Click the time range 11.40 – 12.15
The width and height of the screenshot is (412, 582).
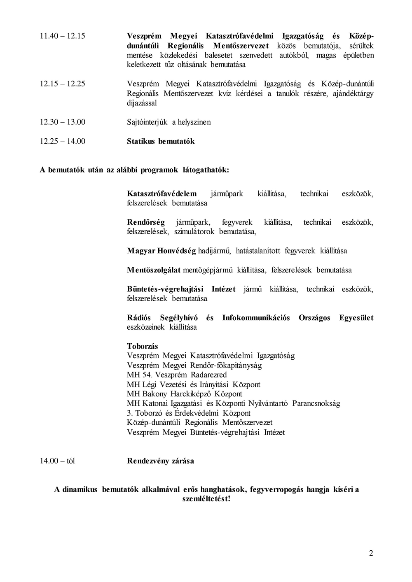click(62, 36)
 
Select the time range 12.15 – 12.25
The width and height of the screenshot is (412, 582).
click(62, 84)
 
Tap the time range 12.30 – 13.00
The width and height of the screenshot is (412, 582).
click(62, 122)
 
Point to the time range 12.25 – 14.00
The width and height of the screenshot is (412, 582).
click(62, 142)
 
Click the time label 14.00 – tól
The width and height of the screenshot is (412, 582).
click(57, 461)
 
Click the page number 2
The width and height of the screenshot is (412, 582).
click(371, 553)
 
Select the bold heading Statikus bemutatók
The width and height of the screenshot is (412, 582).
click(161, 142)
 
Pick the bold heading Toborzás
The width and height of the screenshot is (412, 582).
click(143, 347)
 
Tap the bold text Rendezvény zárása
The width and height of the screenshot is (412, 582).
click(160, 461)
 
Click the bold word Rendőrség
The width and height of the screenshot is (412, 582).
click(146, 223)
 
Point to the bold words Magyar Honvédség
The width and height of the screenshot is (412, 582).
click(162, 251)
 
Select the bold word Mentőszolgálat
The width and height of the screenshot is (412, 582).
click(154, 270)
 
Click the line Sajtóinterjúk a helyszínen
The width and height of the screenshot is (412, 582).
click(169, 122)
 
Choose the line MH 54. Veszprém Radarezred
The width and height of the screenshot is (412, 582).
click(177, 375)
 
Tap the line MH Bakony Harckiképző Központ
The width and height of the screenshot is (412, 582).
click(185, 394)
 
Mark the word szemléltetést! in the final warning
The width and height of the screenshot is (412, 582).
click(206, 499)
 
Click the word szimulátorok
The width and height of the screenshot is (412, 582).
click(194, 232)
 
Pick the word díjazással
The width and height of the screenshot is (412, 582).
click(142, 103)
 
